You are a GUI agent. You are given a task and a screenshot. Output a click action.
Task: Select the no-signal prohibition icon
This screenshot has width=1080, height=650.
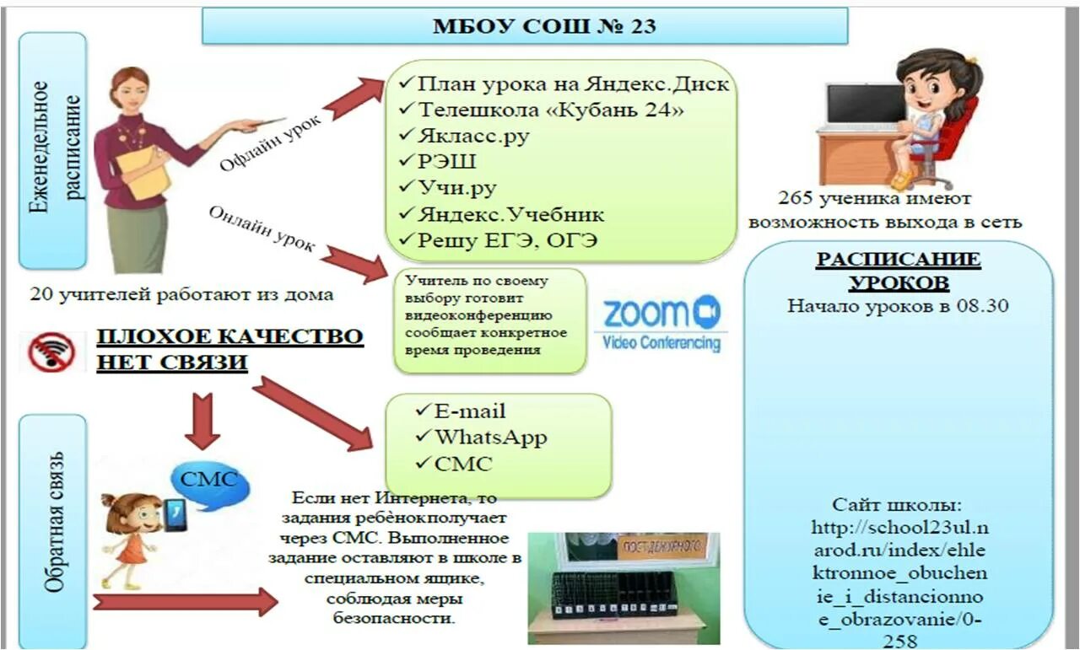(x=52, y=352)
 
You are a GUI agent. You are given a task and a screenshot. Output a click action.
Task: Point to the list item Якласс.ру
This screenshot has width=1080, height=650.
(x=473, y=136)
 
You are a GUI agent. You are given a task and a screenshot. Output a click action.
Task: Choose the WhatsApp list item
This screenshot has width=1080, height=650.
(x=490, y=438)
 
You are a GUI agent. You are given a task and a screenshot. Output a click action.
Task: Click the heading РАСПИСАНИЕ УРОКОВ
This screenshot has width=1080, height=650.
(x=898, y=270)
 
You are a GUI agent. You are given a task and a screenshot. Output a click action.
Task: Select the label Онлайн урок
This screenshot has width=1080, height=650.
(x=262, y=228)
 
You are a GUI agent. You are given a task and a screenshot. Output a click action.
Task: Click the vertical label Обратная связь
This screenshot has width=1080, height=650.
(x=52, y=523)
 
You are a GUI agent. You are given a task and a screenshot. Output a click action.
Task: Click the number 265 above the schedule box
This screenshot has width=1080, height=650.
(x=797, y=199)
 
